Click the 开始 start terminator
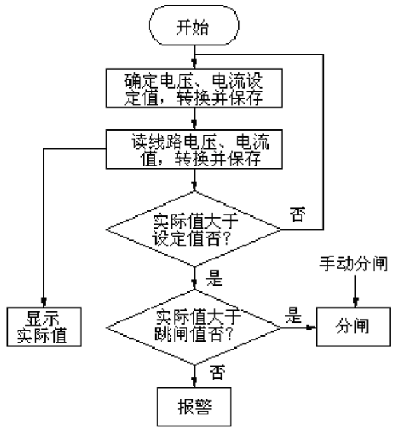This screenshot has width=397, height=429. [x=194, y=25]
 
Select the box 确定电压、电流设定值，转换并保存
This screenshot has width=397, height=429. [x=194, y=88]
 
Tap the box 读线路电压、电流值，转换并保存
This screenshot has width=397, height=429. [x=194, y=149]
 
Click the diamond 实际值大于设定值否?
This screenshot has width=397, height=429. [x=194, y=229]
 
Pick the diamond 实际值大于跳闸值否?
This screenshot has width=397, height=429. [x=194, y=327]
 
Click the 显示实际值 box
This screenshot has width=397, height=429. [x=44, y=327]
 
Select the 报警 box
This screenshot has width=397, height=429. [x=194, y=406]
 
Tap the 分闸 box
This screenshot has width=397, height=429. [x=353, y=327]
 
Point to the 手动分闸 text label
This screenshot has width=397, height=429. [x=354, y=264]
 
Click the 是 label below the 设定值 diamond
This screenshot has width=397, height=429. [x=214, y=278]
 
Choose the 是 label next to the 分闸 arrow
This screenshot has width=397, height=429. [x=293, y=315]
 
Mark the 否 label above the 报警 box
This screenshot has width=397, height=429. [x=218, y=372]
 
